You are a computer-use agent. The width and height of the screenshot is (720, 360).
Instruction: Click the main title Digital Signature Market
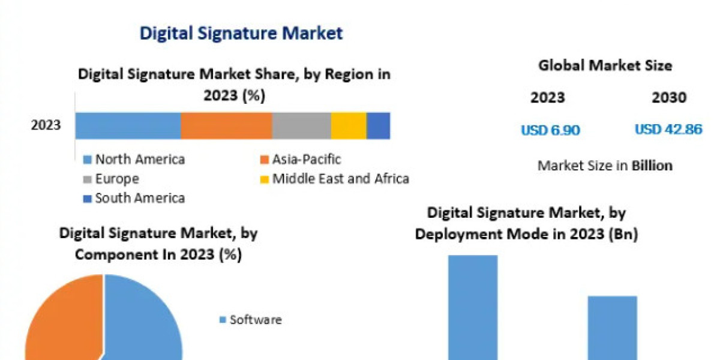pos(241,32)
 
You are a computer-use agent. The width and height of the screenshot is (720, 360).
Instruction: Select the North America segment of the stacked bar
pos(128,125)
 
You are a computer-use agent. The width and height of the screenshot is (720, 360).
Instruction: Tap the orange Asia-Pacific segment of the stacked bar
pos(226,125)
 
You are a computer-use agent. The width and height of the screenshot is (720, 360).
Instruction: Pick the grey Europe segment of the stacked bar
pos(301,125)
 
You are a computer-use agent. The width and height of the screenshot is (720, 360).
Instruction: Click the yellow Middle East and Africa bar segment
pos(349,125)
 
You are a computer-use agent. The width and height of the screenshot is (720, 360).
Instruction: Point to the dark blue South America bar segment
pos(378,125)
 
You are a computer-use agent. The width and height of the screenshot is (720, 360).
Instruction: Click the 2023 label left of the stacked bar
pos(46,125)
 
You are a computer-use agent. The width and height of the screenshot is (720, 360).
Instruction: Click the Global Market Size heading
pos(605,65)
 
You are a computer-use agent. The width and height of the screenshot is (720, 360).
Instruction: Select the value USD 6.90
pos(550,130)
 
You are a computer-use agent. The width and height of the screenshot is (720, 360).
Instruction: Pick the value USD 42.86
pos(668,130)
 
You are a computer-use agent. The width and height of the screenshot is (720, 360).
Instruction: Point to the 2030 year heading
pos(668,98)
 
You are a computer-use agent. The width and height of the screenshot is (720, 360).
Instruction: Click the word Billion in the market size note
pos(652,166)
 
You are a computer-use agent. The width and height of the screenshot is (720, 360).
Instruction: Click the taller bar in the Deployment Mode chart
pos(473,306)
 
